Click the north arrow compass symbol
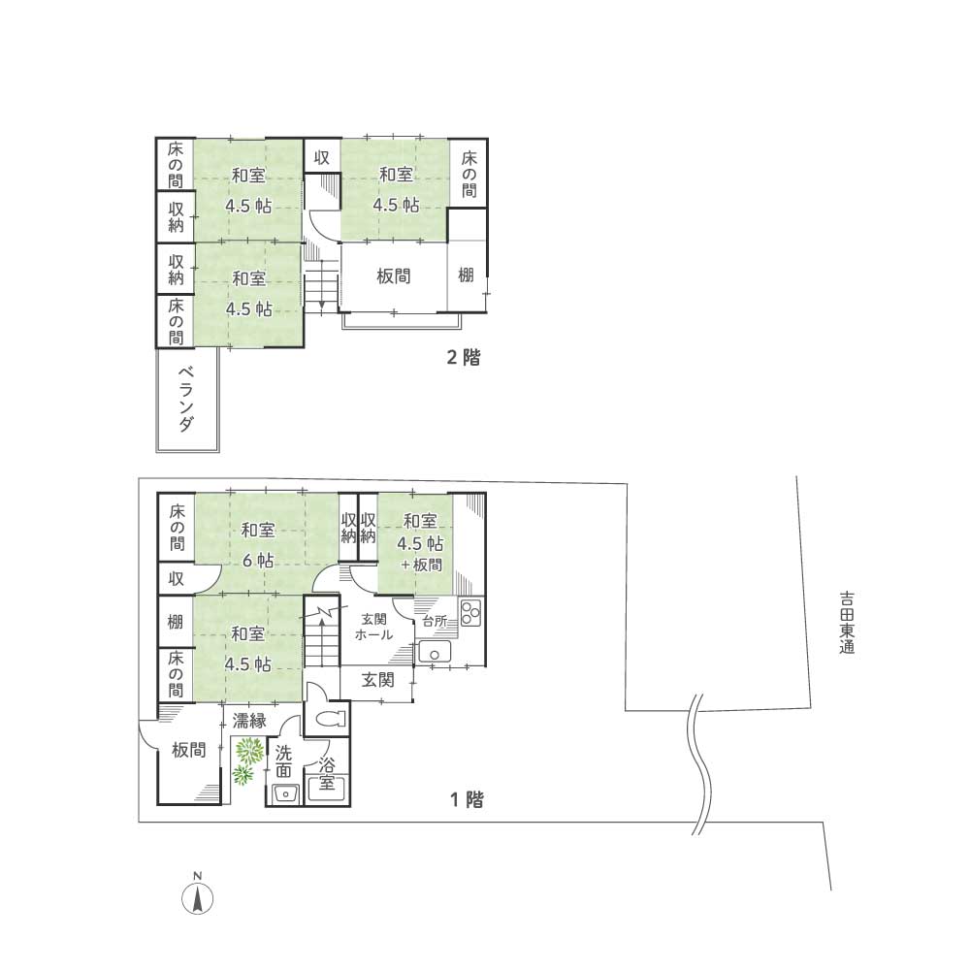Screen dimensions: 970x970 pos(197,894)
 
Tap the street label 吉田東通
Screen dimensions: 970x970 pos(846,623)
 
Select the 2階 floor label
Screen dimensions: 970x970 pos(464,358)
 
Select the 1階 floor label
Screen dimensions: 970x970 pos(467,799)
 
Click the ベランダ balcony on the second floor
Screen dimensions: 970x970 pos(187,400)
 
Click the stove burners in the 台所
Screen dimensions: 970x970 pos(471,612)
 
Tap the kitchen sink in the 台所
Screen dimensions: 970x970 pos(435,653)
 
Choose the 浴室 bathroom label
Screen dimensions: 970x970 pos(327,774)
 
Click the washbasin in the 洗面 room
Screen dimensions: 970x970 pos(286,793)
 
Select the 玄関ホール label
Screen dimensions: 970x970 pos(373,627)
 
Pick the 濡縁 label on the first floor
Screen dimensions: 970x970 pos(249,720)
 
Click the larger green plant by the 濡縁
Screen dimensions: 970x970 pos(249,751)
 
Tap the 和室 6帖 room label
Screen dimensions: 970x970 pos(258,545)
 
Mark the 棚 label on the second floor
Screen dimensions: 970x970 pos(466,275)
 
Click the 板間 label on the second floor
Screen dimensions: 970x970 pos(394,275)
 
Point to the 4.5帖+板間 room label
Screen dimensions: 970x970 pos(421,542)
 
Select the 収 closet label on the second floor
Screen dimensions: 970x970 pos(322,157)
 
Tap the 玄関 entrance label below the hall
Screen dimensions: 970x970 pos(378,680)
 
